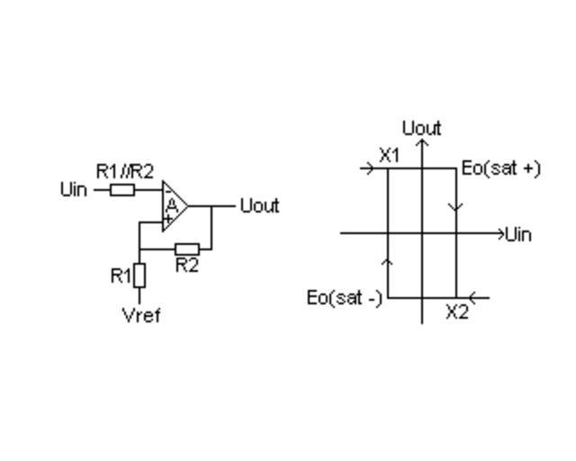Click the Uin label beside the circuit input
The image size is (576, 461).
click(74, 190)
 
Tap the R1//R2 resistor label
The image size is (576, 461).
click(124, 170)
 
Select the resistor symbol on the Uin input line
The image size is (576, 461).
click(123, 190)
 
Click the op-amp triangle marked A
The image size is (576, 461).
click(174, 206)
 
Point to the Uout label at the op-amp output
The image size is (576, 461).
click(259, 206)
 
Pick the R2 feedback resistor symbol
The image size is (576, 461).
click(186, 249)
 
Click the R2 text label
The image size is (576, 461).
click(186, 266)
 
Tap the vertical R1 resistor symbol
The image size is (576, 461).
click(139, 276)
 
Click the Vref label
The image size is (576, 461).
click(140, 315)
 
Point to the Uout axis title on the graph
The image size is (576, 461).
click(421, 128)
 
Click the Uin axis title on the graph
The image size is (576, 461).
click(518, 235)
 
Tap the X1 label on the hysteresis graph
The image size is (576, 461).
click(389, 155)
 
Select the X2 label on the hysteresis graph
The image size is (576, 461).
click(457, 312)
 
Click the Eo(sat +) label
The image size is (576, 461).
click(500, 168)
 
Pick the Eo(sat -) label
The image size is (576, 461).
click(344, 298)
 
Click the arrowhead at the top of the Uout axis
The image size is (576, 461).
click(422, 142)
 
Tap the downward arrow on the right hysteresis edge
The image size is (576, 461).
click(455, 207)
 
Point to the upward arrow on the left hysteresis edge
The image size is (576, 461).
click(388, 260)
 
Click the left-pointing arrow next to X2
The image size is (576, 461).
click(479, 297)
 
